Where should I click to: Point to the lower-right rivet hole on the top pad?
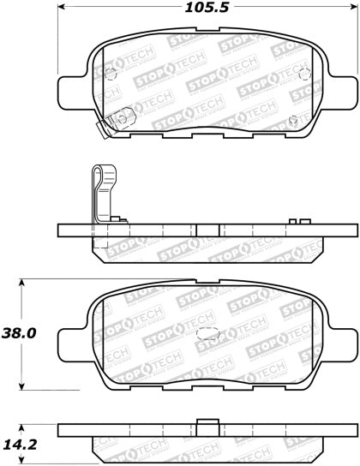(292, 119)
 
